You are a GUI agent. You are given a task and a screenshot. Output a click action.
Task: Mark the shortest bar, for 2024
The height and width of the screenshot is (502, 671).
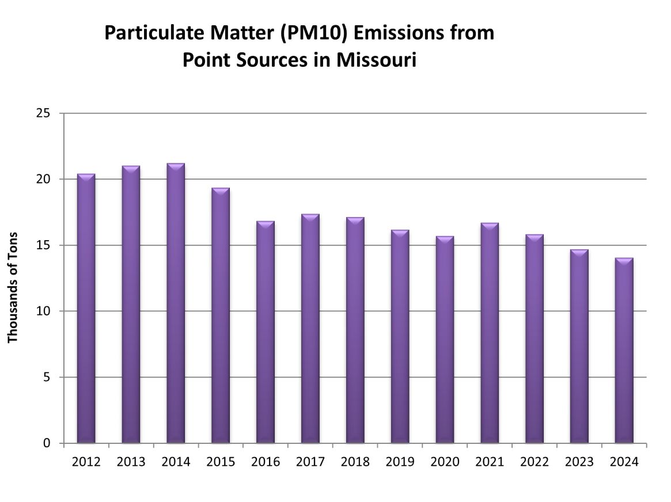[624, 351]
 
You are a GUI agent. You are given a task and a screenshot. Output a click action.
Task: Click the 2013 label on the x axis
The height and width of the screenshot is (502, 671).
[131, 462]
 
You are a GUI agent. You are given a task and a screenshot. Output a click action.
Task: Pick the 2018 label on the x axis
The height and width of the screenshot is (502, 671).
[355, 462]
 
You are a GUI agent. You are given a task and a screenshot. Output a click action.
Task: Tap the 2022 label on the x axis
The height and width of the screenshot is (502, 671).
[534, 462]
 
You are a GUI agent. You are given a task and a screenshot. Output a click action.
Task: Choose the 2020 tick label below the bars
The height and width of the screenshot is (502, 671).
[445, 462]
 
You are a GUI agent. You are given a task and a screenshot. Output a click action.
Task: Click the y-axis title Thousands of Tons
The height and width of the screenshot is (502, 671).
[13, 288]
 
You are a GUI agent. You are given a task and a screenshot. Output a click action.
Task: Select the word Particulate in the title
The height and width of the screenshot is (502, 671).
[151, 33]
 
